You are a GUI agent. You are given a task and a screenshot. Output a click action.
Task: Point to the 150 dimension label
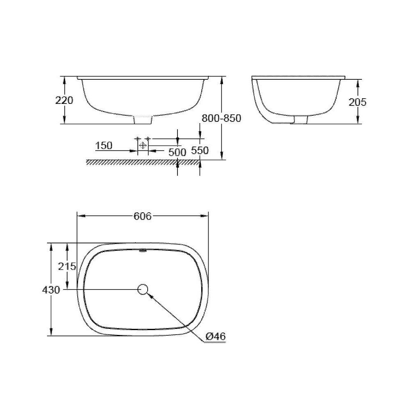tap(104, 146)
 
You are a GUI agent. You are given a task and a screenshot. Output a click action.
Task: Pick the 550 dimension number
tap(200, 150)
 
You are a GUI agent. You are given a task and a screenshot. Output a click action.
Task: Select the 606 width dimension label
tap(143, 216)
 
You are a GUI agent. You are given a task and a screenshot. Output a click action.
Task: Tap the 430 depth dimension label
tap(51, 290)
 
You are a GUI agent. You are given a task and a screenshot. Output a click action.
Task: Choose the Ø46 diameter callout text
tap(216, 336)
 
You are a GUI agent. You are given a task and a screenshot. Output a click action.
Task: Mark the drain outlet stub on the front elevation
tap(143, 120)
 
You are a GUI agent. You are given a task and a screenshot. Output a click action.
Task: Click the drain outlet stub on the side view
tap(301, 119)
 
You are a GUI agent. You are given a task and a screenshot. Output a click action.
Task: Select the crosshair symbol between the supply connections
tap(143, 145)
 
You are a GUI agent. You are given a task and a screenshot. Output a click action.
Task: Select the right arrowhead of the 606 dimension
tap(205, 216)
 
